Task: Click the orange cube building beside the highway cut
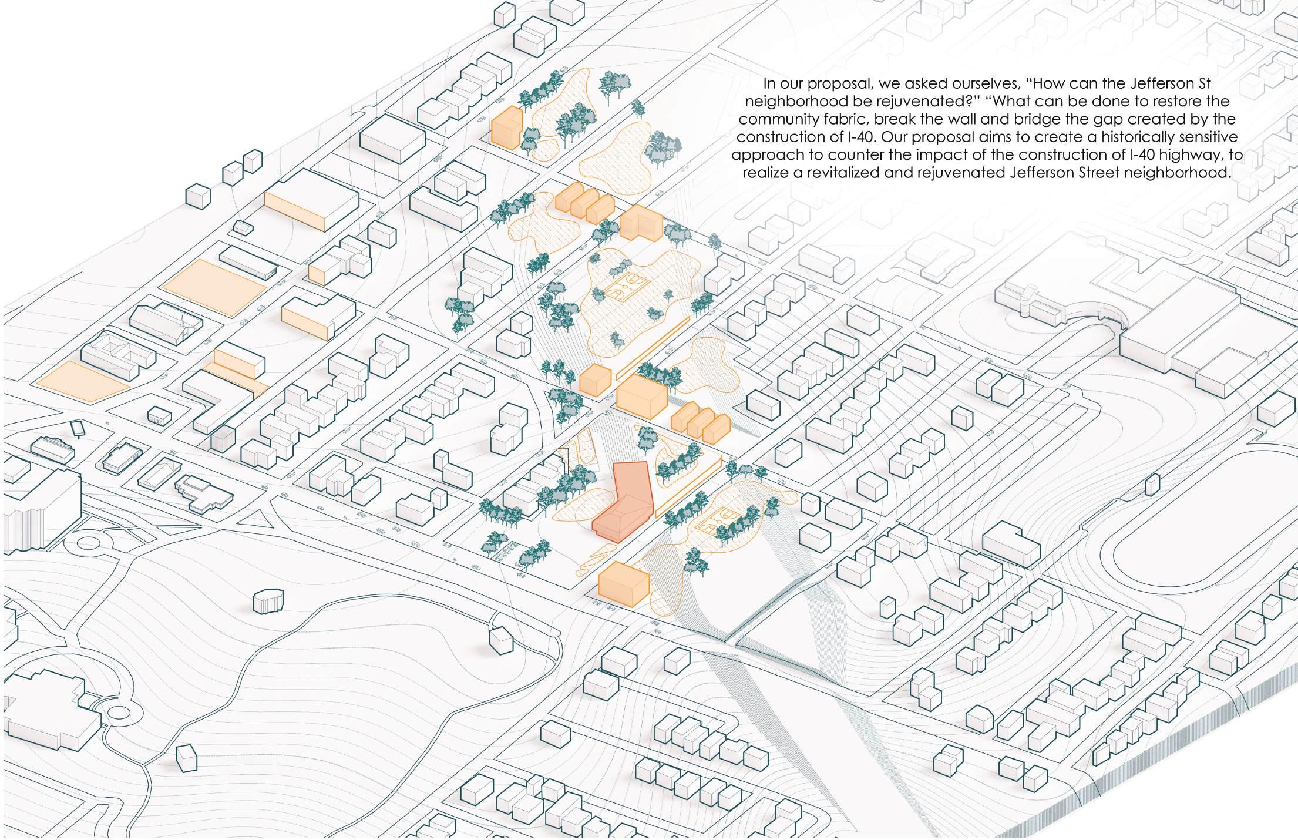[623, 583]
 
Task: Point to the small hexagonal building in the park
[268, 602]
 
